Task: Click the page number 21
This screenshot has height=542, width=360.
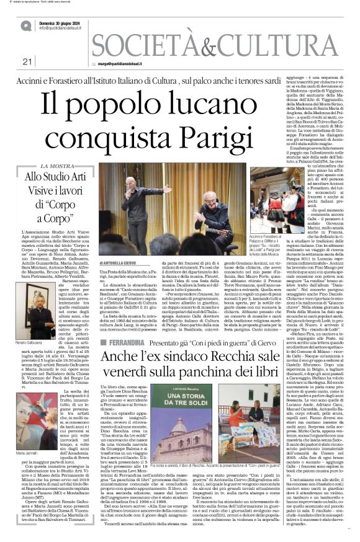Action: pos(26,61)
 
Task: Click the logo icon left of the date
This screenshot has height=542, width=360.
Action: pos(26,25)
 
